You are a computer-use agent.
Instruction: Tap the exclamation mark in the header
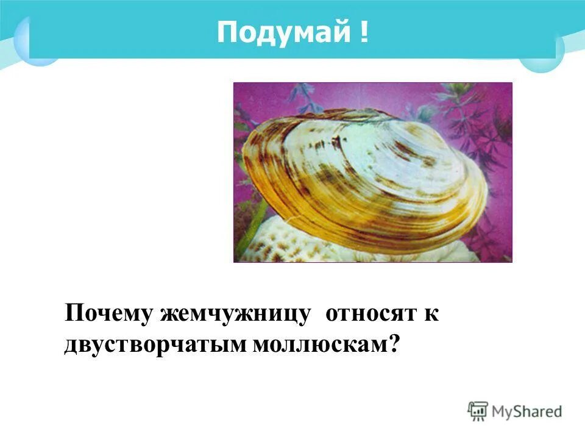point(364,32)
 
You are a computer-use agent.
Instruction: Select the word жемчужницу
point(236,315)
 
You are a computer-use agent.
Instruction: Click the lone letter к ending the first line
point(431,315)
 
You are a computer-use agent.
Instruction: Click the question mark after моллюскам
point(394,344)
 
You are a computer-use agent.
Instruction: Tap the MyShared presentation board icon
point(478,411)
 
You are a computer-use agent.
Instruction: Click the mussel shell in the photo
point(366,177)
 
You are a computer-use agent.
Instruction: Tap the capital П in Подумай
point(225,32)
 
